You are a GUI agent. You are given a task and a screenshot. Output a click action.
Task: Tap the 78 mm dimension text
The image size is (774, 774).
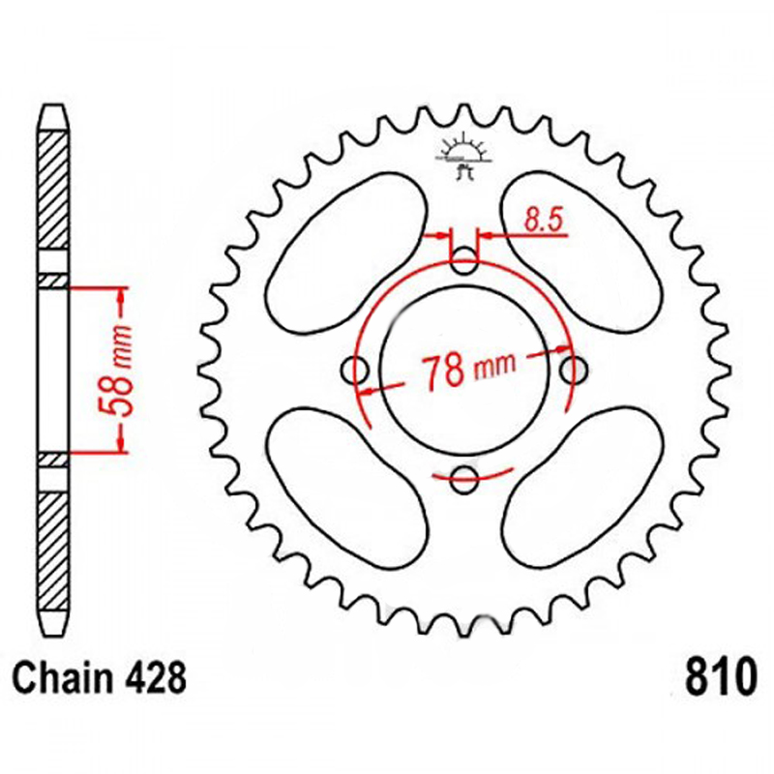tap(468, 369)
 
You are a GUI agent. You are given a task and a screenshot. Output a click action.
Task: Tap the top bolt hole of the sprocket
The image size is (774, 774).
tap(464, 261)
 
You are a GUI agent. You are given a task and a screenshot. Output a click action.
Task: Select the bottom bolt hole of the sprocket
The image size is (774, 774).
tap(464, 479)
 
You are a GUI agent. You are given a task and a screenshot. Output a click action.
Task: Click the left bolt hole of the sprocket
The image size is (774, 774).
tap(355, 371)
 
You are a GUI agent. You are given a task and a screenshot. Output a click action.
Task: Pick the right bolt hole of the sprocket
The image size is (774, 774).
tap(573, 371)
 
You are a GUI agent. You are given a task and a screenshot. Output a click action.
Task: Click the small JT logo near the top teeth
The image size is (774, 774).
tap(463, 157)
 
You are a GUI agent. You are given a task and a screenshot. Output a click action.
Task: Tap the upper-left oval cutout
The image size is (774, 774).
tap(346, 253)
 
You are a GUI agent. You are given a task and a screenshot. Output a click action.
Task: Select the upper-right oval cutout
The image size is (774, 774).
tap(581, 253)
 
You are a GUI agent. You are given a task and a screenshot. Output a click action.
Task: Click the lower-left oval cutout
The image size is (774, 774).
tap(346, 488)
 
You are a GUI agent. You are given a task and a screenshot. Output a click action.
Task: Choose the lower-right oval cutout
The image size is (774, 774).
tap(582, 488)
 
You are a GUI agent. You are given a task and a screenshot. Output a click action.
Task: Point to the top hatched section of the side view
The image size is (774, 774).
tap(53, 191)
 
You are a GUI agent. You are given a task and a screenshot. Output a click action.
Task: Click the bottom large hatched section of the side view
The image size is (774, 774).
tap(53, 551)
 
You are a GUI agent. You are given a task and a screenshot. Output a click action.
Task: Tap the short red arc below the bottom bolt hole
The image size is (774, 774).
tap(473, 475)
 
